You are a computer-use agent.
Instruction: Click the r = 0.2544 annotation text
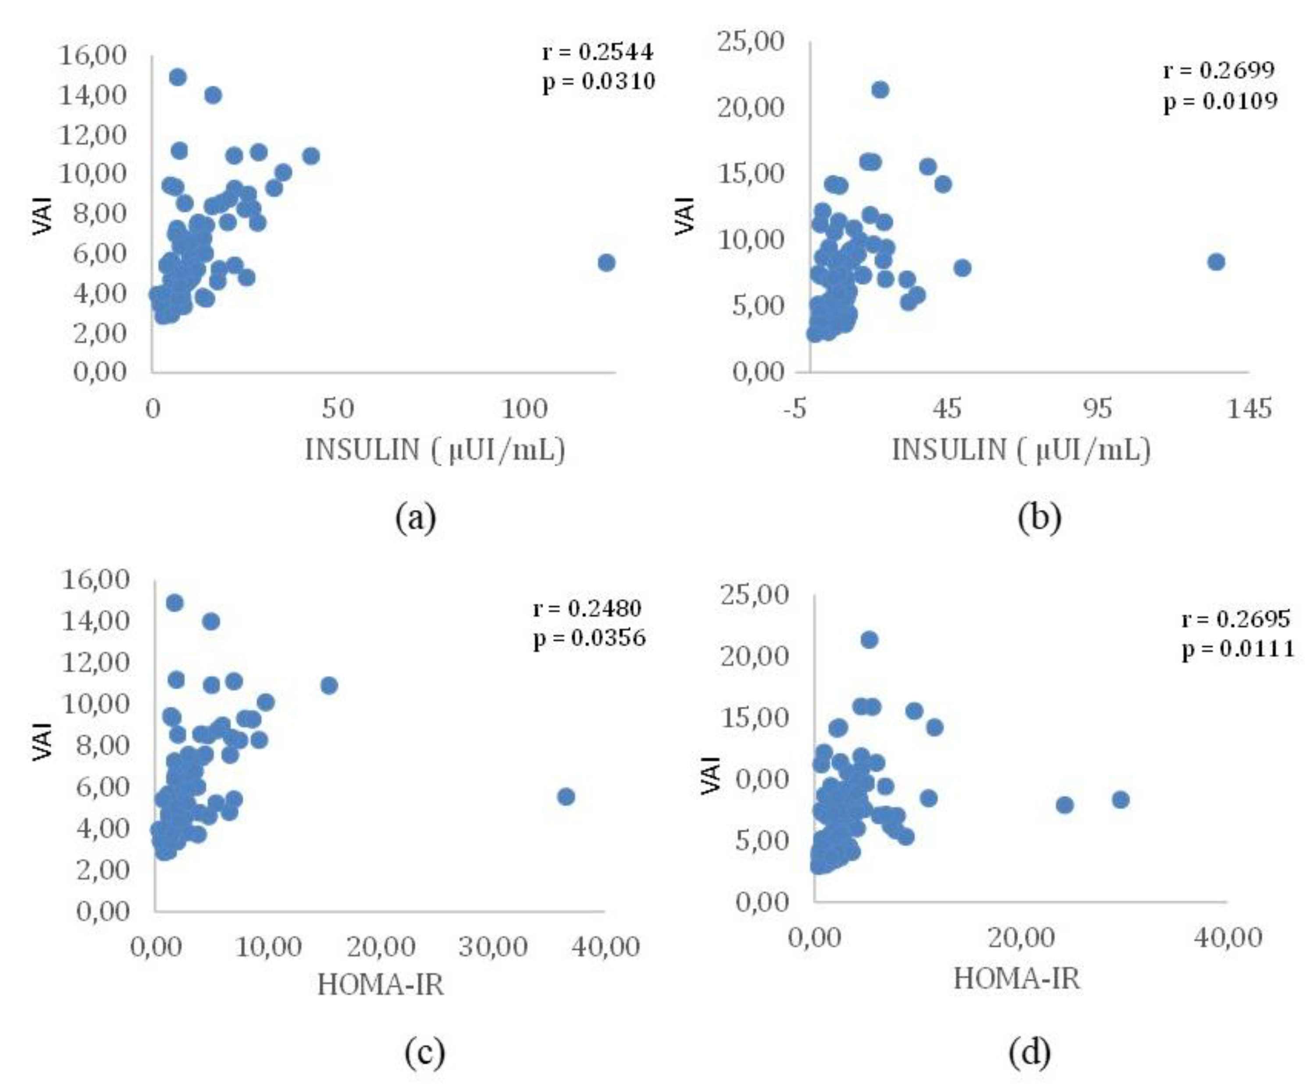(598, 52)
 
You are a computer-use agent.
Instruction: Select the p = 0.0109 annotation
(1220, 100)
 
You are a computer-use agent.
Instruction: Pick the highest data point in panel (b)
(880, 90)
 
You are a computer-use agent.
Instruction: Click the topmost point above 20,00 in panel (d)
(869, 640)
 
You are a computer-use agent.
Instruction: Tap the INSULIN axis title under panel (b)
(1021, 449)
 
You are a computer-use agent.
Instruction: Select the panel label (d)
(1030, 1052)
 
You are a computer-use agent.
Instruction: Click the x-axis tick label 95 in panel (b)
(1097, 409)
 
